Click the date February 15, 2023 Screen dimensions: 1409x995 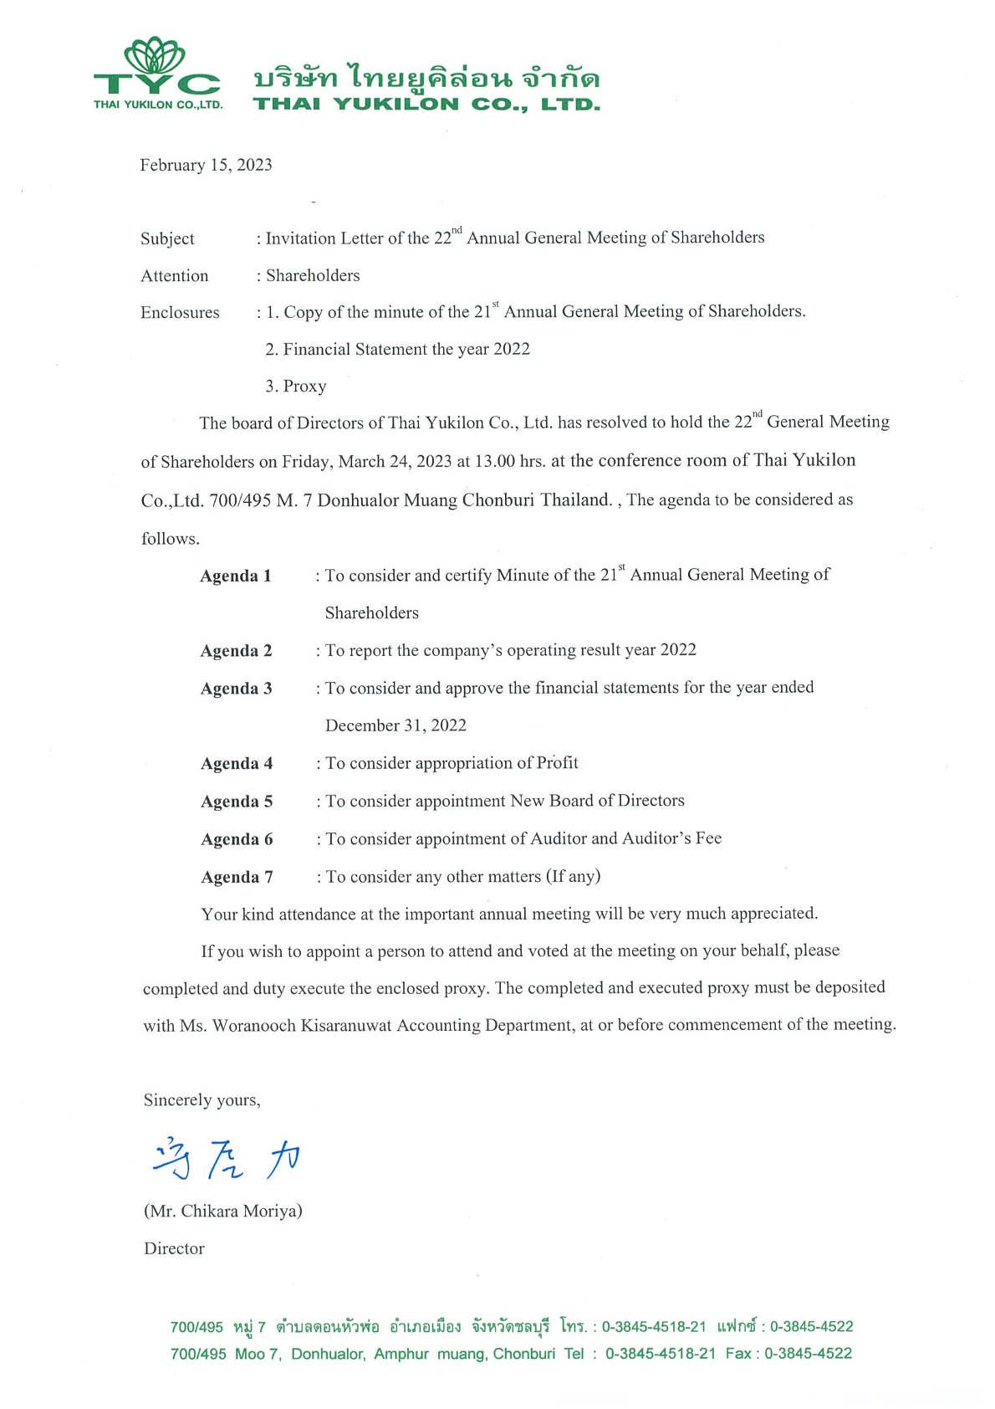tap(206, 165)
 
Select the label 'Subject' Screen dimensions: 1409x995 tap(167, 238)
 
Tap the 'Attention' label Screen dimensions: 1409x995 tap(174, 276)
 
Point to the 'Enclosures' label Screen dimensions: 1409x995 tap(180, 313)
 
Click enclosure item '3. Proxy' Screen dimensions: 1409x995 tap(296, 387)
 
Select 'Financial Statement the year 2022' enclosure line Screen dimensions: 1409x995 tap(398, 349)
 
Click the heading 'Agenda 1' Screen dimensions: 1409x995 tap(236, 576)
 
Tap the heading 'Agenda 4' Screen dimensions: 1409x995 tap(237, 764)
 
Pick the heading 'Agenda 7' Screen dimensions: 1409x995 tap(237, 878)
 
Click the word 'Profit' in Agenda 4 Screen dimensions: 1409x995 tap(557, 763)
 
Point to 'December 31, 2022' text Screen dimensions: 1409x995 tap(395, 725)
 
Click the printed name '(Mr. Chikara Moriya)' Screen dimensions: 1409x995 tap(222, 1211)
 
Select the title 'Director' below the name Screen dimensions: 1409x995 tap(174, 1248)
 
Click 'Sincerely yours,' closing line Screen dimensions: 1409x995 tap(202, 1100)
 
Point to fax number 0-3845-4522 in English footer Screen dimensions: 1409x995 tap(808, 1354)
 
